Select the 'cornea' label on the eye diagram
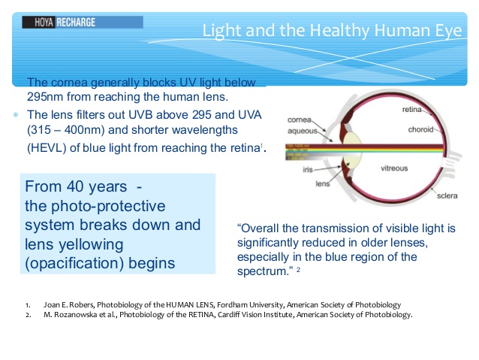pyautogui.click(x=300, y=119)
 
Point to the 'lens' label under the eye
pyautogui.click(x=321, y=183)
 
